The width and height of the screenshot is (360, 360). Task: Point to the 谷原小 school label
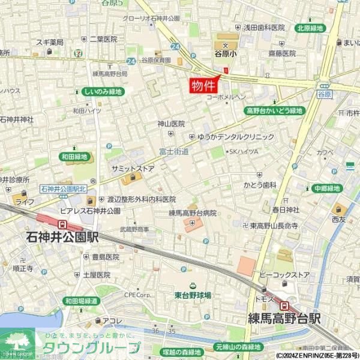tap(226, 53)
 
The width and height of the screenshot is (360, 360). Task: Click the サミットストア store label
tap(133, 169)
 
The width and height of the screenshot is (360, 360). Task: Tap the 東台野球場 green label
tap(193, 295)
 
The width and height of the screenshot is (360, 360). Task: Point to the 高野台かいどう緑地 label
tap(275, 111)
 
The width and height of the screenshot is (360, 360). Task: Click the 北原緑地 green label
tap(310, 28)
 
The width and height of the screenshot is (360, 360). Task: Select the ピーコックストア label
tap(284, 275)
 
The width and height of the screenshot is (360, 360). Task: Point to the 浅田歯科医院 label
tap(263, 28)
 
